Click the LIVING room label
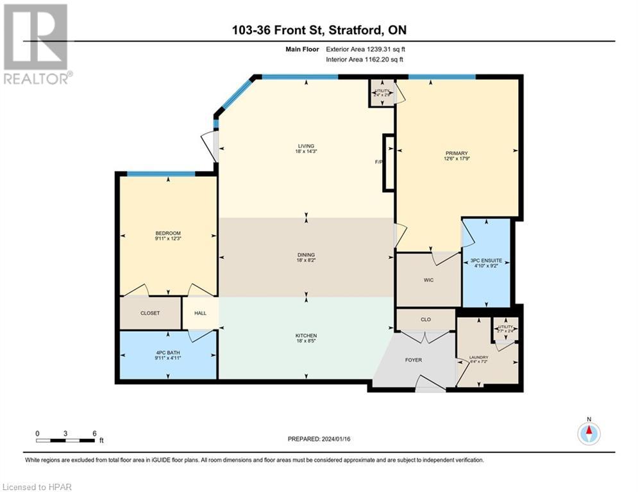point(306,146)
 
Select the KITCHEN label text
point(306,336)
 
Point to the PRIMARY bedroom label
point(457,153)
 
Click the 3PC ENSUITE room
point(486,263)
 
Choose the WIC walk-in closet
point(428,280)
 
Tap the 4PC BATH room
point(167,354)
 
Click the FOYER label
point(414,360)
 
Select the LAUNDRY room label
point(478,357)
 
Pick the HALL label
point(200,313)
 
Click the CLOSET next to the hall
point(150,313)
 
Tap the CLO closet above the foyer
point(425,318)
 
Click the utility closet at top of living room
point(382,93)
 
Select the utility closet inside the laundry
point(506,329)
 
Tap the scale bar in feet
point(65,439)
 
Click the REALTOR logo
point(36,44)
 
